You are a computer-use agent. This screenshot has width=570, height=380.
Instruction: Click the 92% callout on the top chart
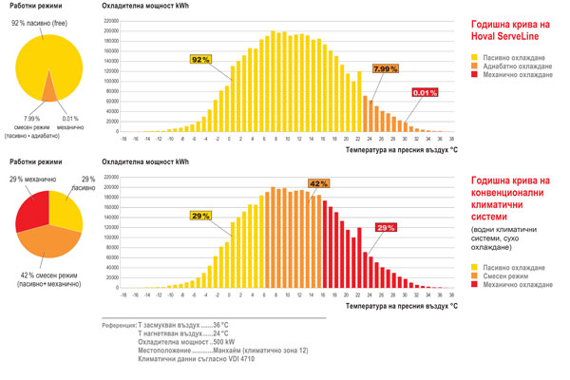pos(200,59)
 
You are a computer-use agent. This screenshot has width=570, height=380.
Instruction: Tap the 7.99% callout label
pos(385,69)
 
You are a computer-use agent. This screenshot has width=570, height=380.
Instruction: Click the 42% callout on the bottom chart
pos(318,183)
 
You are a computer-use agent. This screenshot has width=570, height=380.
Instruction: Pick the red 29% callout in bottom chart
pos(386,228)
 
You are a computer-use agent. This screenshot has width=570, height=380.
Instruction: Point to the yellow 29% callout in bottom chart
pos(201,217)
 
